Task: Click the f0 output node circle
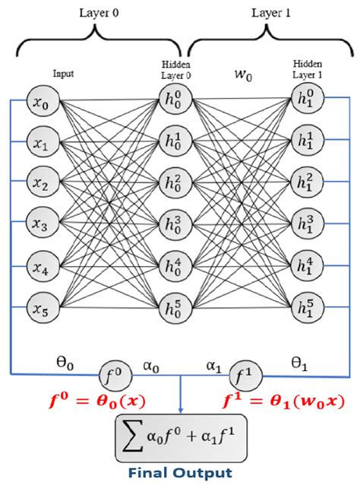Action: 115,374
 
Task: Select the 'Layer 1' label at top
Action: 267,12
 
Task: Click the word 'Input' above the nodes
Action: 63,74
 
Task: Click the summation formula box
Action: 181,436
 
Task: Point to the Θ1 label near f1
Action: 300,364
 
